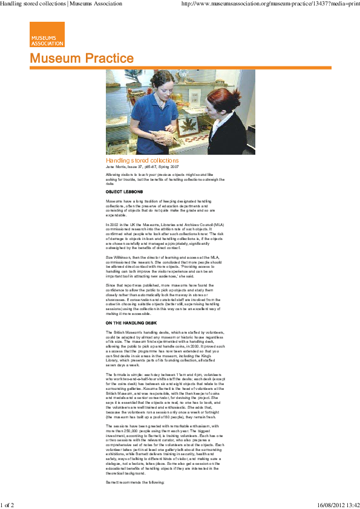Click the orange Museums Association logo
click(47, 34)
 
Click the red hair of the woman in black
click(217, 91)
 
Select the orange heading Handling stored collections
click(142, 161)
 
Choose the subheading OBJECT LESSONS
click(124, 191)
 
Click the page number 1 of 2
click(7, 504)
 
